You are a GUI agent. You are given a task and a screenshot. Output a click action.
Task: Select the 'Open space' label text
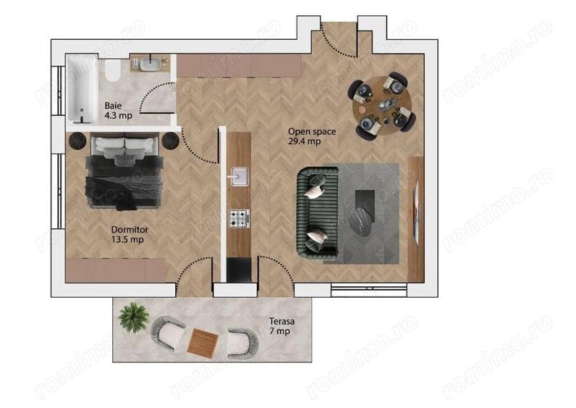[x=308, y=131]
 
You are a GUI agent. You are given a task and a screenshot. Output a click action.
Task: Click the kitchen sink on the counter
[x=238, y=176]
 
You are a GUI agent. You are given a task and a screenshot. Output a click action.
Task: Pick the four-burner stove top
[x=238, y=216]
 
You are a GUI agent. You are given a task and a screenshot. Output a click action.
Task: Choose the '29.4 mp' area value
[x=303, y=141]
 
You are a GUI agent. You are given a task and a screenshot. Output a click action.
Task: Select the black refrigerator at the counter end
[x=238, y=268]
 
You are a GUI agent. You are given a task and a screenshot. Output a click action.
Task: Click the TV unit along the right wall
[x=415, y=207]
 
